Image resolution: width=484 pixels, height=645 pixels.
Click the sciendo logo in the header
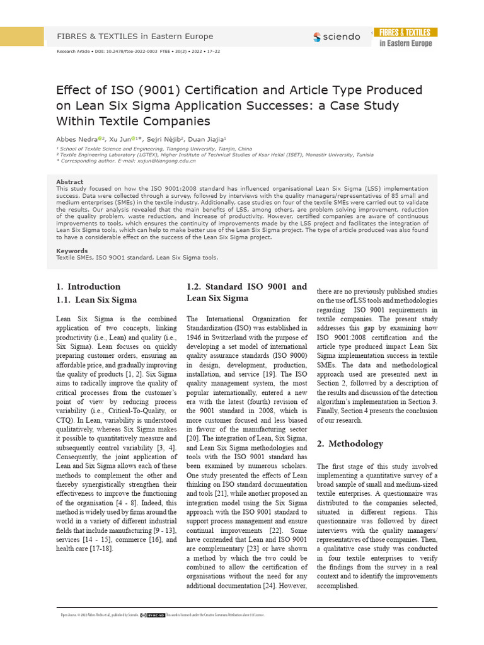pos(337,37)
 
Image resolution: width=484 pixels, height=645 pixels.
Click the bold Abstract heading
pos(69,182)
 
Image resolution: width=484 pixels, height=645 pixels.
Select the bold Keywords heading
pos(72,251)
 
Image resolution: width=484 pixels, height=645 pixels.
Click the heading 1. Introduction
pos(88,287)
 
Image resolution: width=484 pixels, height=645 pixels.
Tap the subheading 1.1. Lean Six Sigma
pos(96,300)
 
